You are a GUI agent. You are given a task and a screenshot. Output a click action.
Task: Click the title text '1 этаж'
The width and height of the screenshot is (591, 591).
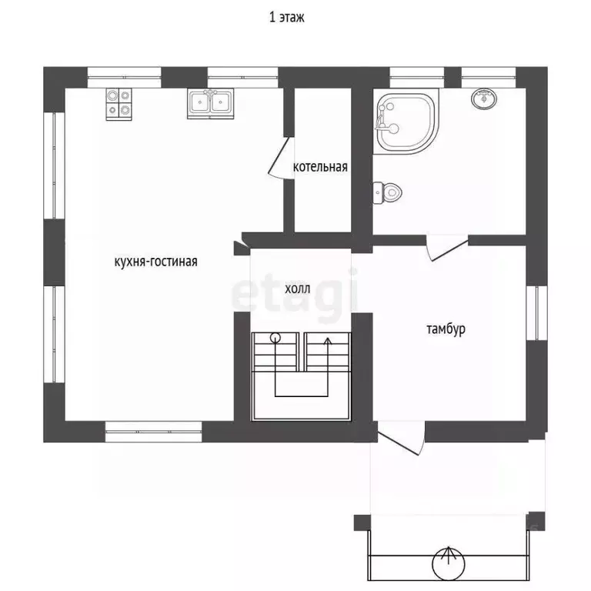[x=286, y=18]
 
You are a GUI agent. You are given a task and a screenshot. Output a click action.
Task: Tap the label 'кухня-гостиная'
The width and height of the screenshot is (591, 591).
[x=155, y=261]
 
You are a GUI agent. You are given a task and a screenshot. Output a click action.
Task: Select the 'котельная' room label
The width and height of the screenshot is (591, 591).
[x=320, y=166]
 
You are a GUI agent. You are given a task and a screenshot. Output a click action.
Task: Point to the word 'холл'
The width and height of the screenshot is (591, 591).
[x=297, y=289]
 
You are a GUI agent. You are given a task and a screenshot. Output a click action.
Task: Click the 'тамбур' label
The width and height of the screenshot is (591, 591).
[x=446, y=329]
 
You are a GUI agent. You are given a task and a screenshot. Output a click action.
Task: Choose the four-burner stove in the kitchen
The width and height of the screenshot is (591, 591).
[x=119, y=105]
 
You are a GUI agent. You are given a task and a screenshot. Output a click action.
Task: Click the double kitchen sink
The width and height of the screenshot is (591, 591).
[x=210, y=103]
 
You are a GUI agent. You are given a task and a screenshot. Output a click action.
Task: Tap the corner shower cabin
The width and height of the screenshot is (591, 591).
[x=406, y=121]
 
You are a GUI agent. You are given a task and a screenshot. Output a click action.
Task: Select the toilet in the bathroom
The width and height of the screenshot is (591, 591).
[x=387, y=192]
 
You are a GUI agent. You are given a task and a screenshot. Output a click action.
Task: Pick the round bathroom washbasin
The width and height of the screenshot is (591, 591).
[x=483, y=98]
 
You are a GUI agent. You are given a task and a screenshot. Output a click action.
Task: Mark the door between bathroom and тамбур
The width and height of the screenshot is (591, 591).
[x=447, y=247]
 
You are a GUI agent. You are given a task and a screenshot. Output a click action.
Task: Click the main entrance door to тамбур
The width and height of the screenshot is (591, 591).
[x=402, y=438]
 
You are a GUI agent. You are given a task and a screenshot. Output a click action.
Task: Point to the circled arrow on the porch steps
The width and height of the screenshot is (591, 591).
[x=448, y=563]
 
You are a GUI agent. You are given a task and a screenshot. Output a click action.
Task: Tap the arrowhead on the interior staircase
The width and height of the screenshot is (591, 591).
[x=328, y=342]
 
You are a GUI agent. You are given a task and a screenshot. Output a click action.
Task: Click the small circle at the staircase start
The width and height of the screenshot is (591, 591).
[x=275, y=337]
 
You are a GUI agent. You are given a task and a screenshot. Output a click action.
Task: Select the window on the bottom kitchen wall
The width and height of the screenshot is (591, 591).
[x=153, y=432]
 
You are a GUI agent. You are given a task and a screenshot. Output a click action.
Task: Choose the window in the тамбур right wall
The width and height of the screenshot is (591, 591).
[x=536, y=313]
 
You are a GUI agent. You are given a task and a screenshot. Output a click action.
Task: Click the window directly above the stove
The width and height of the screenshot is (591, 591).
[x=125, y=78]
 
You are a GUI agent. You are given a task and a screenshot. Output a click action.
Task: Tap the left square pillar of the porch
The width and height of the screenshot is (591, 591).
[x=362, y=523]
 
